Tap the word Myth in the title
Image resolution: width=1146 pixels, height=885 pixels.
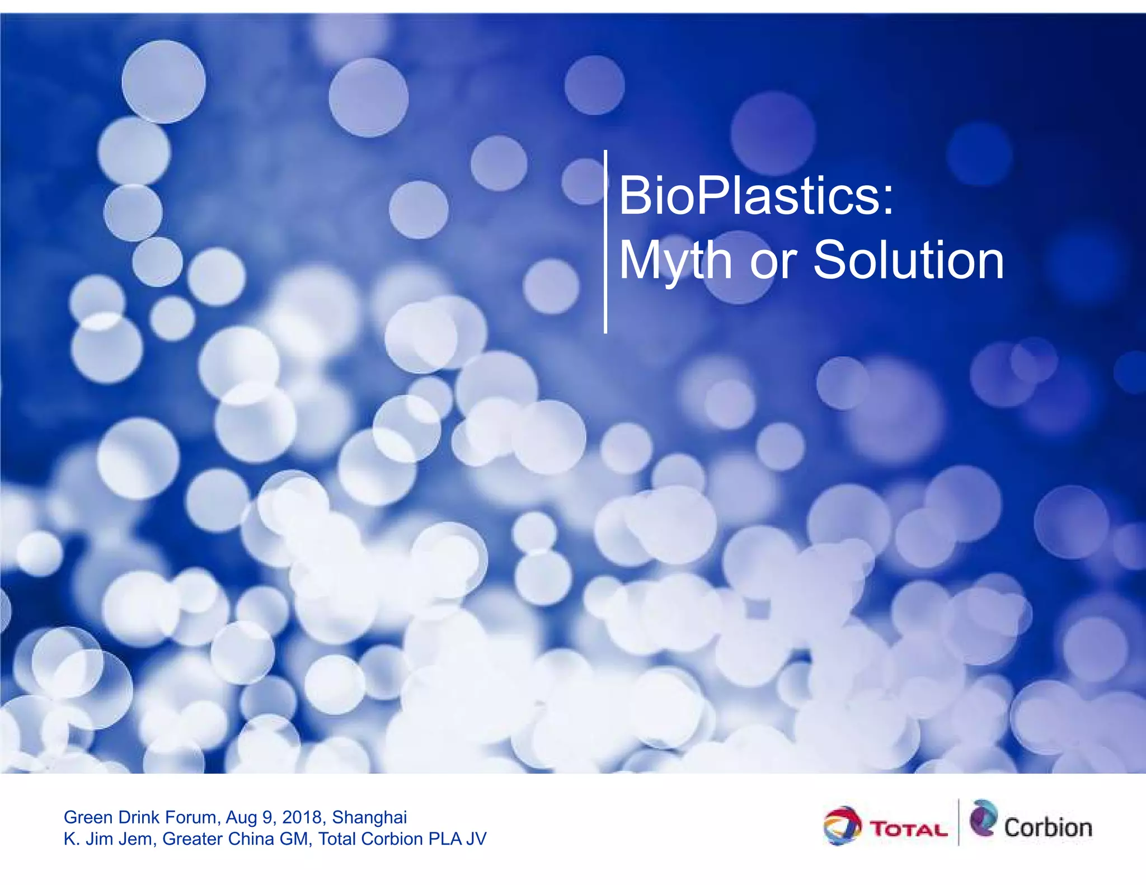[675, 261]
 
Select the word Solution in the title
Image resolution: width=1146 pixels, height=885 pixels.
[908, 261]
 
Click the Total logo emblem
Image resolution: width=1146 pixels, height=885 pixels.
[842, 826]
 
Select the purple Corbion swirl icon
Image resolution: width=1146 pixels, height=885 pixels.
[984, 818]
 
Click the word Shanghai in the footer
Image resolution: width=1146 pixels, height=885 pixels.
[369, 817]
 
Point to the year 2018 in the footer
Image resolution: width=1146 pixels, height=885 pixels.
[302, 817]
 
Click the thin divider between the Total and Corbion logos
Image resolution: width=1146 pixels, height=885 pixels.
[959, 822]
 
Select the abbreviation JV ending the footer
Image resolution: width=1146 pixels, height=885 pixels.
[476, 839]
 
